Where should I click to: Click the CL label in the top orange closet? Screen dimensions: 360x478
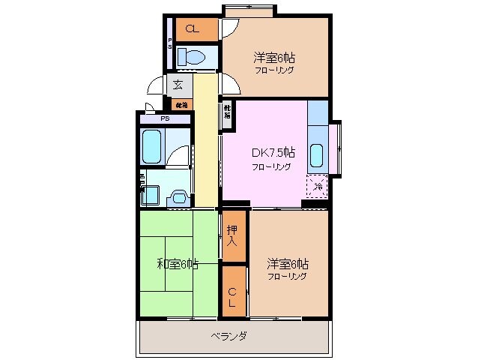(x=193, y=29)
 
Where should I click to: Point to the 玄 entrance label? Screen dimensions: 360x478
(x=178, y=84)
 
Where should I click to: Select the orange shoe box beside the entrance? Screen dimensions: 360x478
(x=182, y=103)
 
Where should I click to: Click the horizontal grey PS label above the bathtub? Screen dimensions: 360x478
(x=164, y=118)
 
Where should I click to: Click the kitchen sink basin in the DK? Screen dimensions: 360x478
(x=317, y=154)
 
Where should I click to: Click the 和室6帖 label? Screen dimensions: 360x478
(x=178, y=263)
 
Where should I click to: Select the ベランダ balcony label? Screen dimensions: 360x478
(x=229, y=335)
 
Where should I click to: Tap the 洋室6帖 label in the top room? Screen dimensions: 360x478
(x=274, y=56)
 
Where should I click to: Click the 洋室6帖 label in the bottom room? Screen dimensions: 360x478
(x=288, y=264)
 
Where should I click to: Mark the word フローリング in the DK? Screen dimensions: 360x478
(x=271, y=166)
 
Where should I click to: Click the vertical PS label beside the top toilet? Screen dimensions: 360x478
(x=170, y=43)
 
